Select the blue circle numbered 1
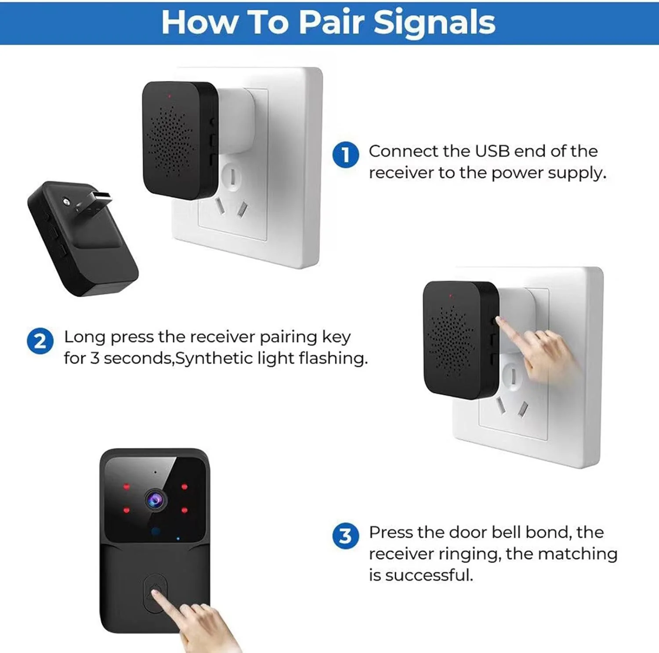(x=346, y=155)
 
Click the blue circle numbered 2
(x=40, y=341)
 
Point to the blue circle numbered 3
(x=346, y=536)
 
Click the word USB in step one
(x=492, y=151)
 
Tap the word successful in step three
(x=429, y=575)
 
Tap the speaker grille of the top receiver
(x=170, y=141)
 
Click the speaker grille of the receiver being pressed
(x=451, y=341)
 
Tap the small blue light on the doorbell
(x=178, y=538)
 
